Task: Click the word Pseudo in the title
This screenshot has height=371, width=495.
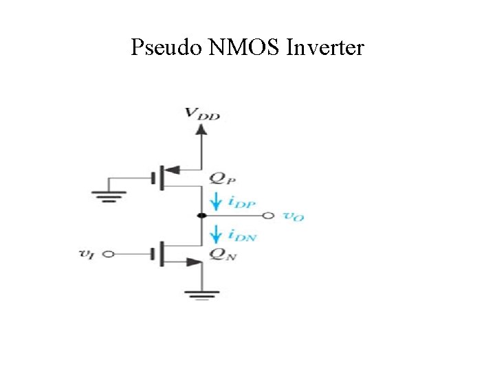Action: (166, 48)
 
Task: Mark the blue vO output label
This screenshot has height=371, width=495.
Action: (294, 216)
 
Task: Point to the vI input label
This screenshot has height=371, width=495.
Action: (87, 254)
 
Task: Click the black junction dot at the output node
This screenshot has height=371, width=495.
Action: (201, 216)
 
